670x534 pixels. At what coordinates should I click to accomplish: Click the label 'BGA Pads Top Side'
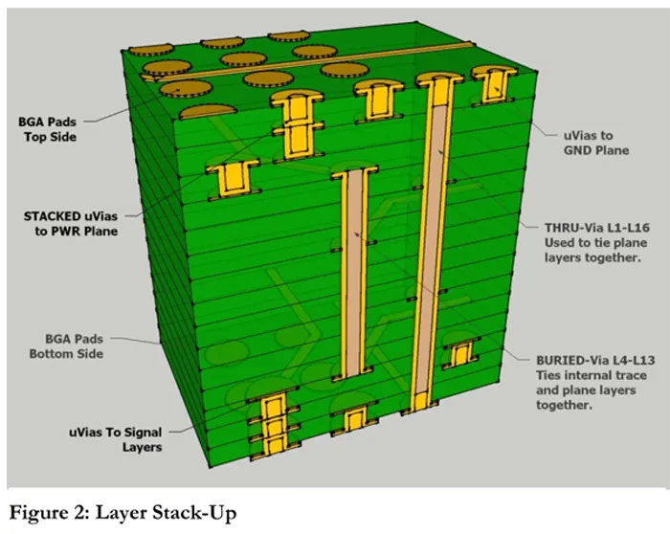[x=47, y=129]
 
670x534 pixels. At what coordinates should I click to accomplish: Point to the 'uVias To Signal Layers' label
[x=114, y=439]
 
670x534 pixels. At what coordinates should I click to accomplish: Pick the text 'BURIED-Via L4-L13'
[x=591, y=361]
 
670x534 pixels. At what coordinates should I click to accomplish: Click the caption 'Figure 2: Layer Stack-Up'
[x=122, y=512]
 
